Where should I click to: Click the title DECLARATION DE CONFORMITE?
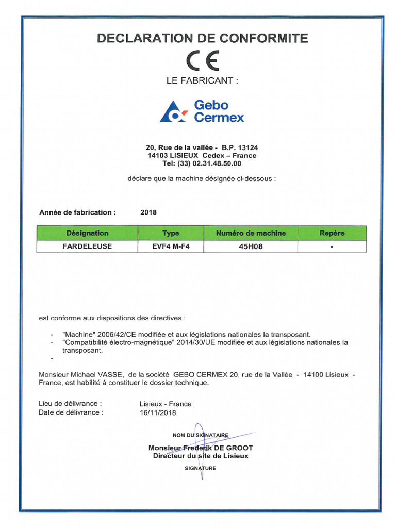202,38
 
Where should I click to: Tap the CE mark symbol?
203,61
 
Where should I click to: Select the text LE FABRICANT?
202,81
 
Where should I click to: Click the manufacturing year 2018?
148,212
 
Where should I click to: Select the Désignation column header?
87,233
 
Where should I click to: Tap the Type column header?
171,233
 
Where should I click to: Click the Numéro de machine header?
251,233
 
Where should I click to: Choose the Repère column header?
332,233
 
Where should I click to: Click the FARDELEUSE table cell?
87,246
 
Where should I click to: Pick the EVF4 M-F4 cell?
171,246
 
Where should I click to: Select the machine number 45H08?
251,246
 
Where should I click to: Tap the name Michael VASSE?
98,374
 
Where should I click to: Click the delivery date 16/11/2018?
158,412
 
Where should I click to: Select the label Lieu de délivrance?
70,404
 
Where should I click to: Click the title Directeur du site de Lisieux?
201,456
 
